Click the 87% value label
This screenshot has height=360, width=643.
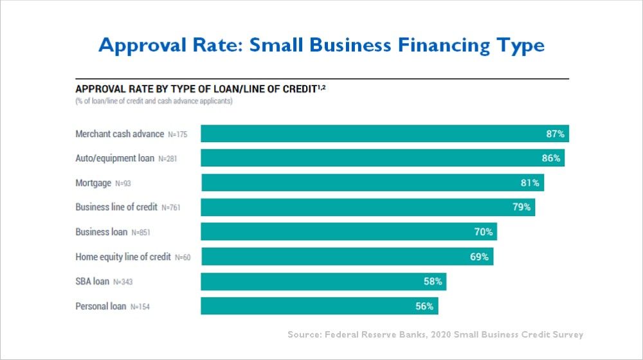(x=555, y=134)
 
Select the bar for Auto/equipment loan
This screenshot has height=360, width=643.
(x=383, y=158)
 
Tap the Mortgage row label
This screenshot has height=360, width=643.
(x=94, y=183)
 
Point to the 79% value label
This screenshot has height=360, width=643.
(x=521, y=207)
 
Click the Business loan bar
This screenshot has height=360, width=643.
(x=349, y=232)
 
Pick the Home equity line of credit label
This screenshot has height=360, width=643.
(x=123, y=257)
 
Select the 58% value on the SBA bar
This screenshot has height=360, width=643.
(x=433, y=282)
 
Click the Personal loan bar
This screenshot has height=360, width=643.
(x=319, y=306)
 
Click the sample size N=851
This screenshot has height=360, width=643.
(x=141, y=233)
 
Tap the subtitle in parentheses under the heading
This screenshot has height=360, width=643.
(x=154, y=101)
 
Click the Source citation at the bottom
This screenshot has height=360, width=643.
(x=435, y=334)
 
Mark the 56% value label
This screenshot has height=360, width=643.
(x=424, y=306)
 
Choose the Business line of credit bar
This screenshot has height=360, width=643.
(x=368, y=208)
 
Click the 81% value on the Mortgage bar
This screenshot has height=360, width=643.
(x=530, y=183)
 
